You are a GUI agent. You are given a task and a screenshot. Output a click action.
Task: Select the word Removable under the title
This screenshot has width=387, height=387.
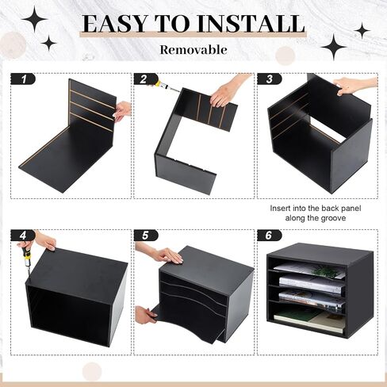(x=193, y=50)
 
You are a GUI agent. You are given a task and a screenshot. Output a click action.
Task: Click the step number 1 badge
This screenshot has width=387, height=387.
(x=23, y=79)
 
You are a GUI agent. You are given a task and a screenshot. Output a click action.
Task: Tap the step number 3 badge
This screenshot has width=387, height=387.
(x=270, y=79)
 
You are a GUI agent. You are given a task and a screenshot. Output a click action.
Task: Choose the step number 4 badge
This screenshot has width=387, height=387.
(x=23, y=236)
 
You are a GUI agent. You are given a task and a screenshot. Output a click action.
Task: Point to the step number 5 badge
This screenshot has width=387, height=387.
(x=146, y=236)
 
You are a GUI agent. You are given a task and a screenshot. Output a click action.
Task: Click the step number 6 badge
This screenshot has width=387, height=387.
(x=270, y=236)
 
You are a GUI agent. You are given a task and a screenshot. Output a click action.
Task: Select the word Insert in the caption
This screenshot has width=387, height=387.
(x=280, y=209)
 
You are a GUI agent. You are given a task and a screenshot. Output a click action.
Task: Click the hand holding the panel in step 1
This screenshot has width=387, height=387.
(x=123, y=111)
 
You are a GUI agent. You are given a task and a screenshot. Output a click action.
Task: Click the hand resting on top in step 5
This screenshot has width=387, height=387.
(x=161, y=254)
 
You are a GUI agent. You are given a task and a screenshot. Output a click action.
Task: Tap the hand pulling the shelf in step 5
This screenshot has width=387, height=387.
(x=145, y=315)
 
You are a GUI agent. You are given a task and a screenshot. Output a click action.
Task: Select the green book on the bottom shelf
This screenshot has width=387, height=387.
(x=296, y=315)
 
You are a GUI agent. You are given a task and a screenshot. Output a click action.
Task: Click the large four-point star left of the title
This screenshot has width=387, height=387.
(x=35, y=19)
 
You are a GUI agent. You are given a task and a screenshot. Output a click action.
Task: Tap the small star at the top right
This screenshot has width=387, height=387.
(x=362, y=31)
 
